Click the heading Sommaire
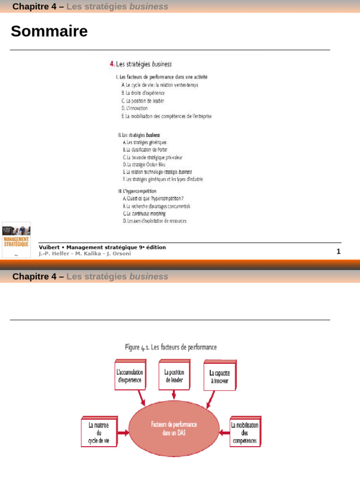click(49, 31)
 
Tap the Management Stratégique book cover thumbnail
click(16, 240)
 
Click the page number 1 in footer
click(338, 251)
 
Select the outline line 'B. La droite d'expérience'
click(143, 93)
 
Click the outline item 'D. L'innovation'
click(135, 108)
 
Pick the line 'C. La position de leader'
click(142, 100)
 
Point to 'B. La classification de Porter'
click(145, 150)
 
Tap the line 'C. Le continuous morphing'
click(144, 213)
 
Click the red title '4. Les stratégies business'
click(141, 64)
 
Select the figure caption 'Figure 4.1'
click(171, 347)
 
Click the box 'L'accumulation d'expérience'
click(129, 375)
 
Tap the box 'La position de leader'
click(174, 375)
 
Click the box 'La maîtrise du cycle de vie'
click(98, 433)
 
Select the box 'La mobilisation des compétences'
click(244, 433)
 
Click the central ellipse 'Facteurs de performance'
click(174, 428)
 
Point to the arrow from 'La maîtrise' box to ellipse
click(123, 433)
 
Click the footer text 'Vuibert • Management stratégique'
click(102, 247)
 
